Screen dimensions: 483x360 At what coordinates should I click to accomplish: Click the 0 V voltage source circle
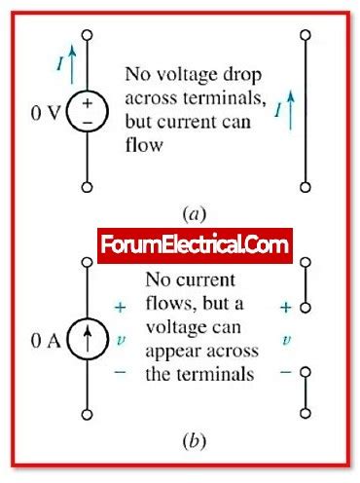point(88,110)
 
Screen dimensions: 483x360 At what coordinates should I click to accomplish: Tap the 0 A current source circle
point(88,342)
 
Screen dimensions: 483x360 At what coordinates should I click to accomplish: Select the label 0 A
point(47,342)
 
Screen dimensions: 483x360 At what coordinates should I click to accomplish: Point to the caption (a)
point(191,209)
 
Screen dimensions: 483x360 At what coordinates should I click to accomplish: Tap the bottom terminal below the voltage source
point(88,185)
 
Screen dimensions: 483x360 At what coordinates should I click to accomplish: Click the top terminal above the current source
point(88,265)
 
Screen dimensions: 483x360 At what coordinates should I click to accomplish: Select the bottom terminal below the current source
point(88,416)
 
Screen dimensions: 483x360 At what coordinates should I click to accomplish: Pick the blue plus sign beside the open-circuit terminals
point(285,307)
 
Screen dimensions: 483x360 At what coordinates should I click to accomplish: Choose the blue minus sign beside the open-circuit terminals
point(285,373)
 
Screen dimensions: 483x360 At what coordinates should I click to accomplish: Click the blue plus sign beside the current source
point(121,307)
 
